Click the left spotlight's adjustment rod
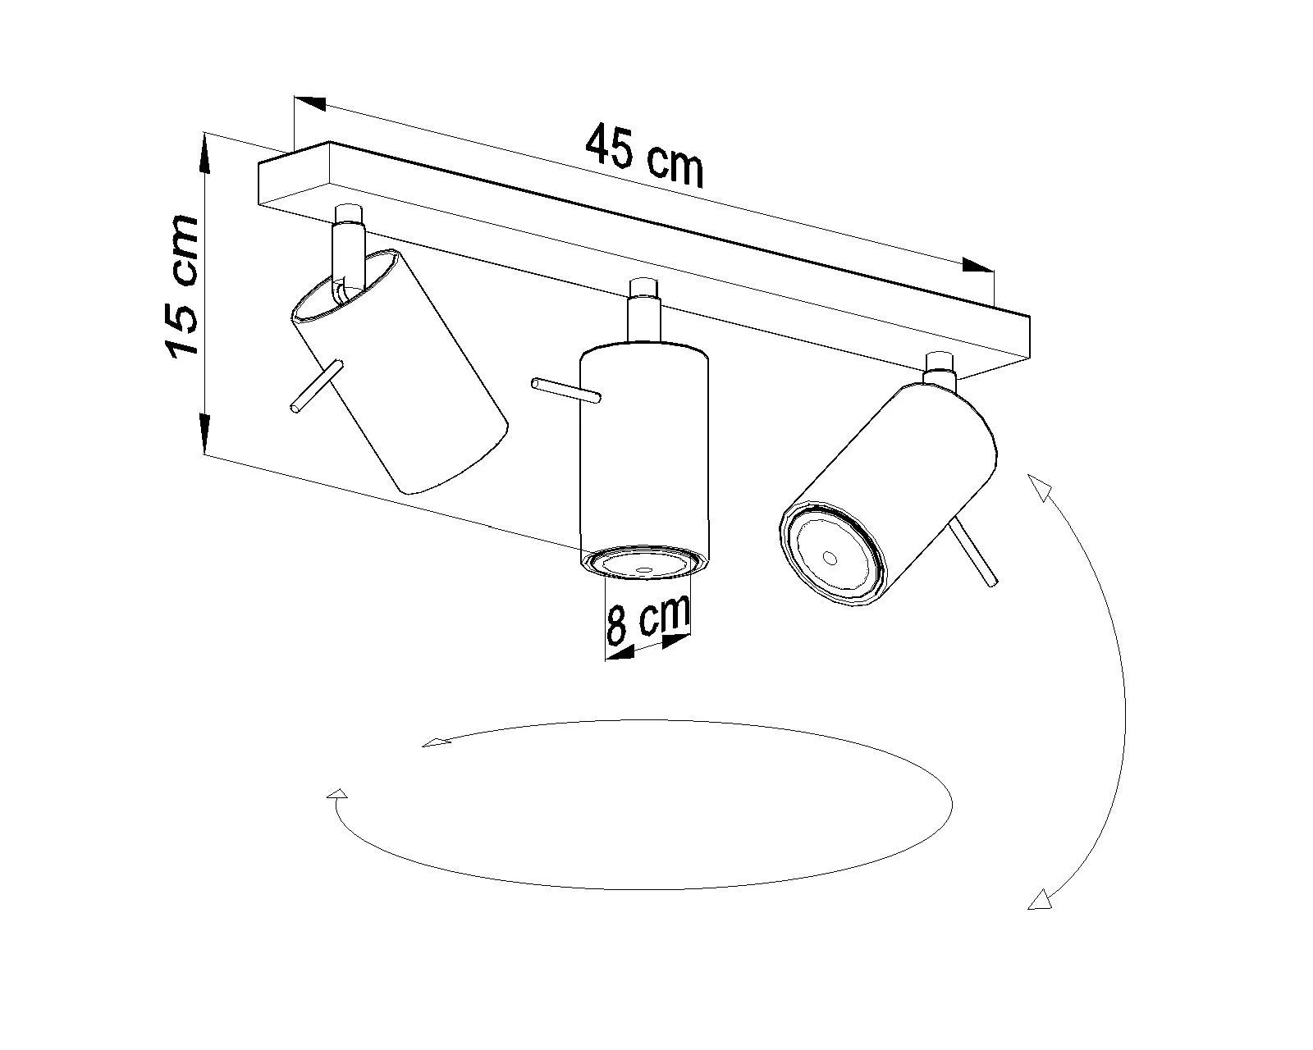click(x=317, y=387)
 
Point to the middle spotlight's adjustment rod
click(x=566, y=390)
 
